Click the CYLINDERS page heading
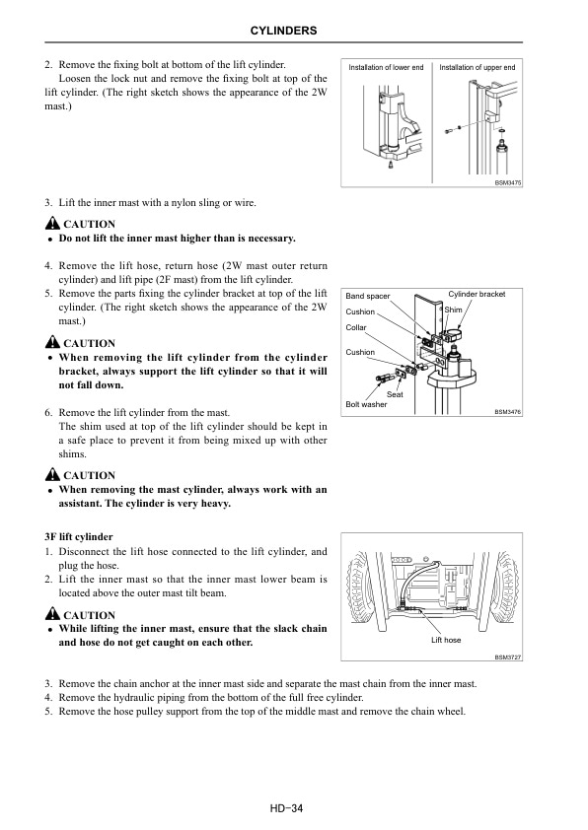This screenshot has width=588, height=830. [293, 32]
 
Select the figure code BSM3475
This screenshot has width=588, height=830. [507, 182]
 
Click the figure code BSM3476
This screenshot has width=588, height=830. [507, 412]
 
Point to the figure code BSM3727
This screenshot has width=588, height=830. [507, 657]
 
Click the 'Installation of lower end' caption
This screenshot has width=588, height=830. [387, 67]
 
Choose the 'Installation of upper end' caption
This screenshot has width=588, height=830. [477, 67]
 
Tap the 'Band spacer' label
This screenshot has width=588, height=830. [367, 296]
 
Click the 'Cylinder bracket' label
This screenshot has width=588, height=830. [477, 295]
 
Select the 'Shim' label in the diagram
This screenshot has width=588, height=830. [453, 310]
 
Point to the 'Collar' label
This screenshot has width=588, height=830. [356, 327]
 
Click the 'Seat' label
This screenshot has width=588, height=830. [395, 394]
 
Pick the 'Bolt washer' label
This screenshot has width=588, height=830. [366, 405]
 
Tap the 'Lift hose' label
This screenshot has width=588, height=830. [446, 641]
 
